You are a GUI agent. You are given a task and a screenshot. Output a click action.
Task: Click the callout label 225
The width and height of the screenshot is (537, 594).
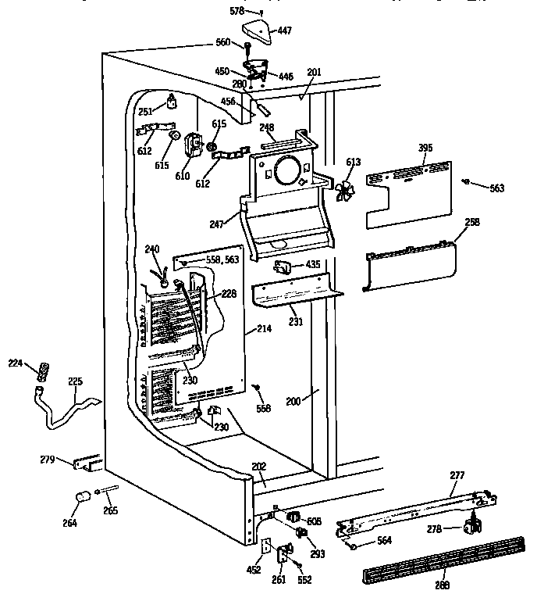(x=75, y=382)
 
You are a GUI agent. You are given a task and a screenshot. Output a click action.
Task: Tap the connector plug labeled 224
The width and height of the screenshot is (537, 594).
(x=44, y=370)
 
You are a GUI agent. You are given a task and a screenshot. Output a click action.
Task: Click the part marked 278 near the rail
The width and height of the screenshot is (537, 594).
(x=471, y=527)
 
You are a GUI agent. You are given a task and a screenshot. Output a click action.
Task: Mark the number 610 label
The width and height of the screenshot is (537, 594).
(x=182, y=176)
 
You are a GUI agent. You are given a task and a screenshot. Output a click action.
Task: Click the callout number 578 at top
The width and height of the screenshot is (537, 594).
(x=236, y=11)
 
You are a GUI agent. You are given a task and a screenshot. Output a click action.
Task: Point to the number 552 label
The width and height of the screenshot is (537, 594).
(x=304, y=580)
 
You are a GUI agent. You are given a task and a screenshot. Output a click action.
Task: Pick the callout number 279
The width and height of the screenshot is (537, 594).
(x=48, y=460)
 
